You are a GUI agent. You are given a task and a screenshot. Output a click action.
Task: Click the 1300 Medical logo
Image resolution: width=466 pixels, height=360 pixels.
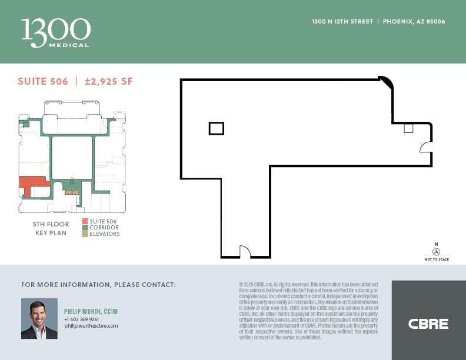tap(56, 32)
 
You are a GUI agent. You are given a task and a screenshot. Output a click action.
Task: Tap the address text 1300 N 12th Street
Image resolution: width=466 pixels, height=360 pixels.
tap(342, 22)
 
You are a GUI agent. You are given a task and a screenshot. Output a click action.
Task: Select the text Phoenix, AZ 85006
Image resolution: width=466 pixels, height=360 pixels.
tap(414, 22)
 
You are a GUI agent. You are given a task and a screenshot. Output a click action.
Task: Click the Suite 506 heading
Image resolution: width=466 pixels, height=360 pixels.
tap(43, 82)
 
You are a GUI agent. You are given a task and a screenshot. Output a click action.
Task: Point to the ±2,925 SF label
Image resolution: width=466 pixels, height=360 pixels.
tap(108, 82)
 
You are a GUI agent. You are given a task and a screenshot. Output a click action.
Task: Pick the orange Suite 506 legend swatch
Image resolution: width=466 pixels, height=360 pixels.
tap(85, 221)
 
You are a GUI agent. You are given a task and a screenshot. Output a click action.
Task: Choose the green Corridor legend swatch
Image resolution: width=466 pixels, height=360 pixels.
tap(85, 228)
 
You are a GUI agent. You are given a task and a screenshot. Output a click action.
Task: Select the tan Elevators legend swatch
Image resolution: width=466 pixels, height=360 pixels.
tap(85, 234)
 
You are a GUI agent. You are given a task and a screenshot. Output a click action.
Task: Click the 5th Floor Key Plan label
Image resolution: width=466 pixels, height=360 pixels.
tap(51, 228)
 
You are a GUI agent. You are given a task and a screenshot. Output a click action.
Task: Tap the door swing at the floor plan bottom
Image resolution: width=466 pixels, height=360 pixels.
tap(245, 252)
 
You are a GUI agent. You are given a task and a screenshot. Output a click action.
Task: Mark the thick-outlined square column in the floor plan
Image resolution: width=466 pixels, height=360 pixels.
tap(216, 128)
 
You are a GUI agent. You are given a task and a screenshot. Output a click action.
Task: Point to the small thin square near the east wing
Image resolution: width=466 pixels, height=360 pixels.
tap(408, 128)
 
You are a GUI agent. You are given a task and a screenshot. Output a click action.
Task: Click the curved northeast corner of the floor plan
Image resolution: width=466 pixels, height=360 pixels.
tap(387, 83)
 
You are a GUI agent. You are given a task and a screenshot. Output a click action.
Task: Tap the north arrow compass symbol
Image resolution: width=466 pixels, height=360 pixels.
tap(436, 251)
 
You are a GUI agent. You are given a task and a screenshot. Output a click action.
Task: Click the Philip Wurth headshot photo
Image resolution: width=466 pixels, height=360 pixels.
tap(39, 318)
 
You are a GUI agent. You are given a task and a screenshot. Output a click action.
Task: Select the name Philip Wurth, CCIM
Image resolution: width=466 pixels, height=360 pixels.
tap(89, 312)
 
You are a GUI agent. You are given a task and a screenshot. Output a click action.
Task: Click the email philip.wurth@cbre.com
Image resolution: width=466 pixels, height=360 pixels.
tap(91, 326)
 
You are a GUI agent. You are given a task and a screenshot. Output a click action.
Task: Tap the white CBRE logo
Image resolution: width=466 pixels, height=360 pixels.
tap(428, 324)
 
